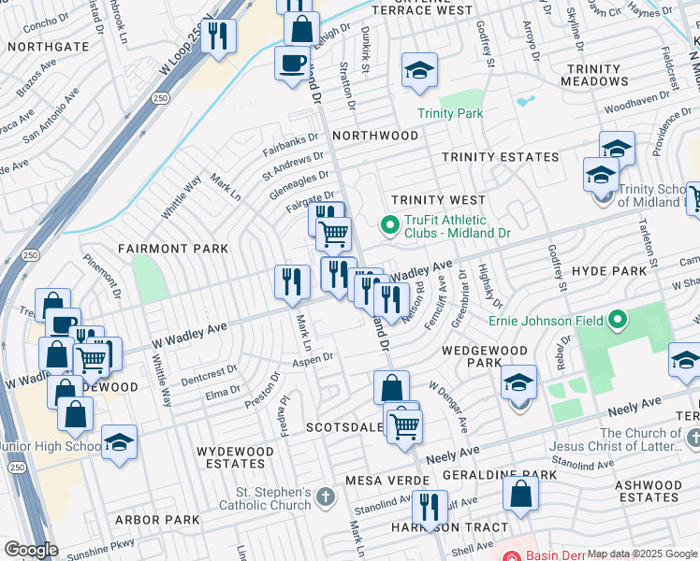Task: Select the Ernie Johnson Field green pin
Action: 617,322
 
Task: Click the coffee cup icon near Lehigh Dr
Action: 292,63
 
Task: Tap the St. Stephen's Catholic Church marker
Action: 325,496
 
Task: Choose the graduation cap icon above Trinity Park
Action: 419,70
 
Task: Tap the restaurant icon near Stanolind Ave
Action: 428,509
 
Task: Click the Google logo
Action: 31,550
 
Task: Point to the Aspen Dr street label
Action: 314,359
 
